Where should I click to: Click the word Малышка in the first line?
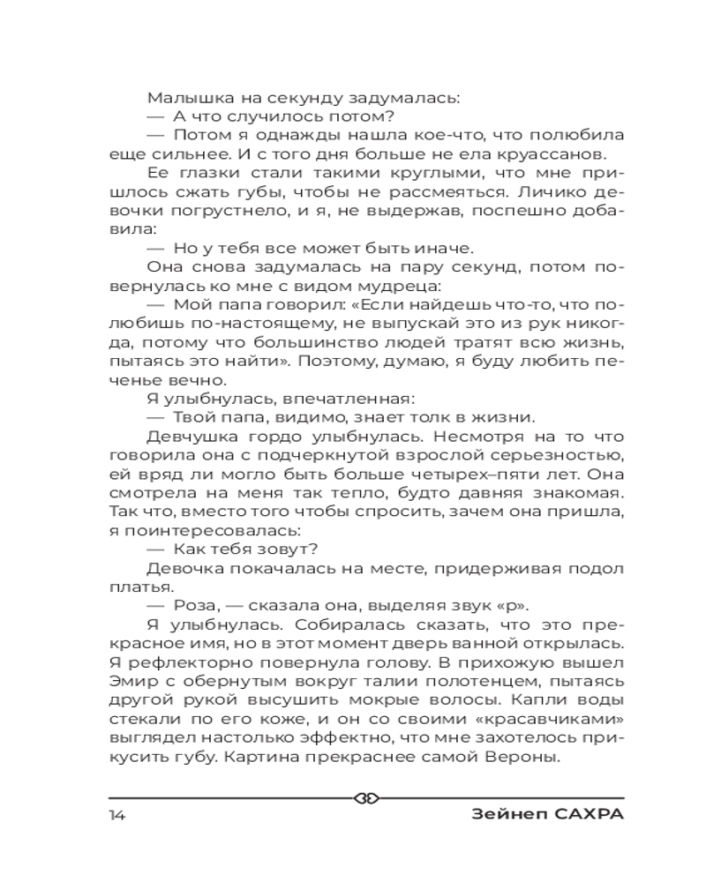click(183, 97)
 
